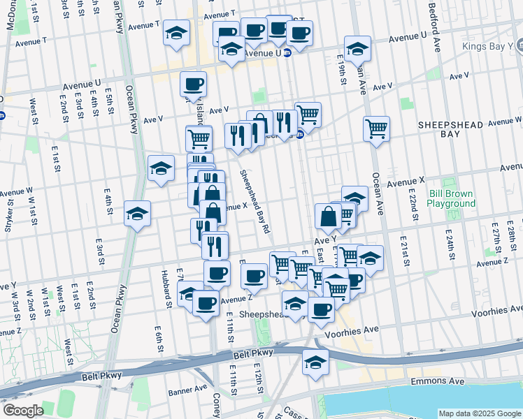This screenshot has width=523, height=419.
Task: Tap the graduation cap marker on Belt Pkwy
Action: click(315, 362)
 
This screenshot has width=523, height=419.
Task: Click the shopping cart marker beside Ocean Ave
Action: click(376, 128)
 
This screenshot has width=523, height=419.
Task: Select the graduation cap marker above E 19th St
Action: click(357, 48)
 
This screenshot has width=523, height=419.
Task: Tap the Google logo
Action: click(22, 411)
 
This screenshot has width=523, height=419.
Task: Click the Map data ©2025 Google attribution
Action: click(480, 413)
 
